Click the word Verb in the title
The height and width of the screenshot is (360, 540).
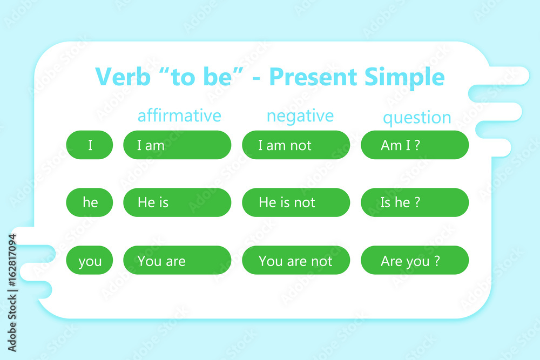click(x=123, y=77)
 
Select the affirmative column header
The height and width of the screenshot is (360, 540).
click(x=179, y=116)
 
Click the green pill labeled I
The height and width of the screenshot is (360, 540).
click(x=90, y=145)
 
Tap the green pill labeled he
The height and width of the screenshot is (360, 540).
click(x=90, y=202)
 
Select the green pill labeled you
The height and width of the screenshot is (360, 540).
click(x=90, y=260)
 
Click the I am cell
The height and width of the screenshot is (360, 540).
click(x=177, y=145)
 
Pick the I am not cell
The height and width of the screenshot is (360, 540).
click(x=296, y=145)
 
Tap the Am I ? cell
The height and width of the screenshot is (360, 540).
click(x=415, y=145)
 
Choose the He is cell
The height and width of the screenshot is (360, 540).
click(x=177, y=202)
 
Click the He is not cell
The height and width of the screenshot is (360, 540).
click(x=296, y=202)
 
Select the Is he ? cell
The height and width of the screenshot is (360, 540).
click(x=415, y=202)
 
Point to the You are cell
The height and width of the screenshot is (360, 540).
click(x=177, y=260)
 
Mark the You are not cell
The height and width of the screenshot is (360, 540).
click(x=296, y=260)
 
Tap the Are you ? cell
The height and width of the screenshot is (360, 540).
click(x=415, y=260)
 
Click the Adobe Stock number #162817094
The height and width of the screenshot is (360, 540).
click(x=12, y=260)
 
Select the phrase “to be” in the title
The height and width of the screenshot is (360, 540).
click(x=202, y=77)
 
